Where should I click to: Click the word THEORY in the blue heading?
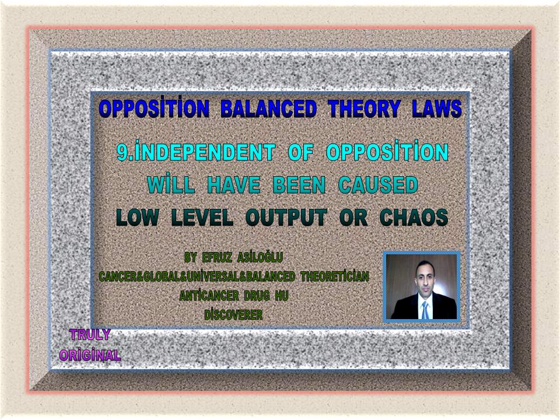point(364,108)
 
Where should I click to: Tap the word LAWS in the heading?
point(437,108)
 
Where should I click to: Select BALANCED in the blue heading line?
point(268,108)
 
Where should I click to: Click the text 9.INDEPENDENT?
point(196,151)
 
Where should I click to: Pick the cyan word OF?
point(301,152)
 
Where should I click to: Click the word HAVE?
point(233,185)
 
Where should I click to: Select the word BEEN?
point(299,185)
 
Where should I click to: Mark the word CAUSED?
point(378,185)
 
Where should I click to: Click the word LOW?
point(138,217)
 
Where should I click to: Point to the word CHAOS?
point(414,217)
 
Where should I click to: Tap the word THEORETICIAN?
point(335,276)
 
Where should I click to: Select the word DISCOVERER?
point(233,314)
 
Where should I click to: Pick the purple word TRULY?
point(90,335)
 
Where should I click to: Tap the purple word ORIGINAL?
point(90,355)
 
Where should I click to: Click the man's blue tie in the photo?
point(425,310)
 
